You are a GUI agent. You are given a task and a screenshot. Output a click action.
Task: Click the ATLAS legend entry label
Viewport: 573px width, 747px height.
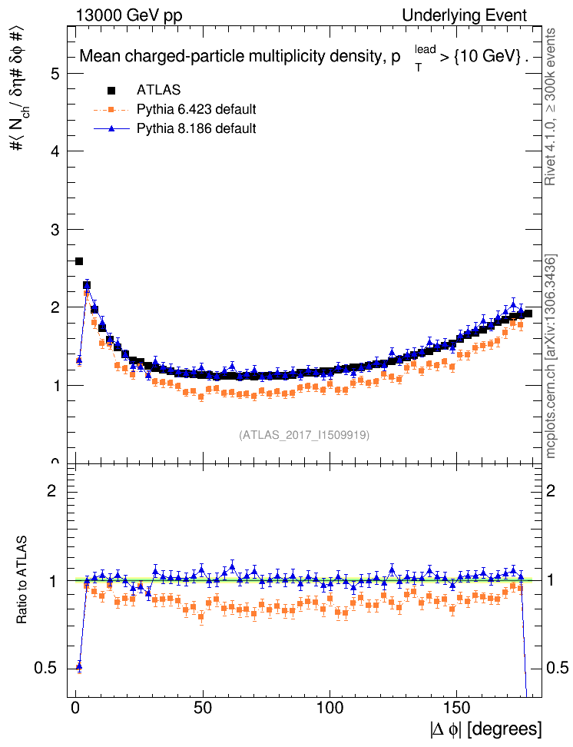coord(158,90)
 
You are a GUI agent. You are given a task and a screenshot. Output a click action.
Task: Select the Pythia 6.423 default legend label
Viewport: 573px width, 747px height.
coord(196,109)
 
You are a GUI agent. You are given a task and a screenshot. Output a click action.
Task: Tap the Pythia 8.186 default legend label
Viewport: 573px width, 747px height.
coord(196,128)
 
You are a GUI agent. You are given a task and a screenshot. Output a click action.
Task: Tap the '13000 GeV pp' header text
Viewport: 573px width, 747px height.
coord(129,16)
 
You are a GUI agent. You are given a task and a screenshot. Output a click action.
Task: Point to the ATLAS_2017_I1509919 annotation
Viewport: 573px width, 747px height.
coord(304,435)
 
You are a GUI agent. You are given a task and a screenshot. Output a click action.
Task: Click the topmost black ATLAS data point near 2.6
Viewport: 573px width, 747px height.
coord(79,261)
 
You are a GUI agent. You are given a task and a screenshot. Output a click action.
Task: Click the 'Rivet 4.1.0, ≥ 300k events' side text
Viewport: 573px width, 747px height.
coord(550,108)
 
